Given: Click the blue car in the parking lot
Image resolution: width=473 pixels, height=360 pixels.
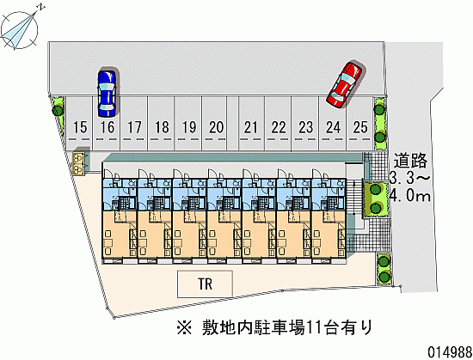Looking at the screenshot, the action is (x=107, y=94).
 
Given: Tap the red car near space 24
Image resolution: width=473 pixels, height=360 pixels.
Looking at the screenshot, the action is (x=345, y=84).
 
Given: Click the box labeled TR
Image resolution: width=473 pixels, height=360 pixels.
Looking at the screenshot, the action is (x=205, y=284).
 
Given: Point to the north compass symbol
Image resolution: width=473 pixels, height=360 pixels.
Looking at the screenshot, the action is (x=20, y=29).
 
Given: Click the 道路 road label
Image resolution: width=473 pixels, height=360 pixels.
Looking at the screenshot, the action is (x=410, y=161).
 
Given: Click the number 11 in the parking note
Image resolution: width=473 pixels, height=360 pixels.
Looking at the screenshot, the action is (x=313, y=327).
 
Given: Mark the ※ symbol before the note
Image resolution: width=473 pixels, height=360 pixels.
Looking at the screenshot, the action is (x=184, y=327).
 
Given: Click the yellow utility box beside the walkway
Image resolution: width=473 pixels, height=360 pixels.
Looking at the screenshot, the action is (x=79, y=163).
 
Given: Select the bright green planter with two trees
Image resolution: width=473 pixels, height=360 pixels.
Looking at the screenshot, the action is (x=376, y=198).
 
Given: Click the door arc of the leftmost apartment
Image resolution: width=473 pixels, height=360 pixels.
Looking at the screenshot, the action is (x=108, y=174).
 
